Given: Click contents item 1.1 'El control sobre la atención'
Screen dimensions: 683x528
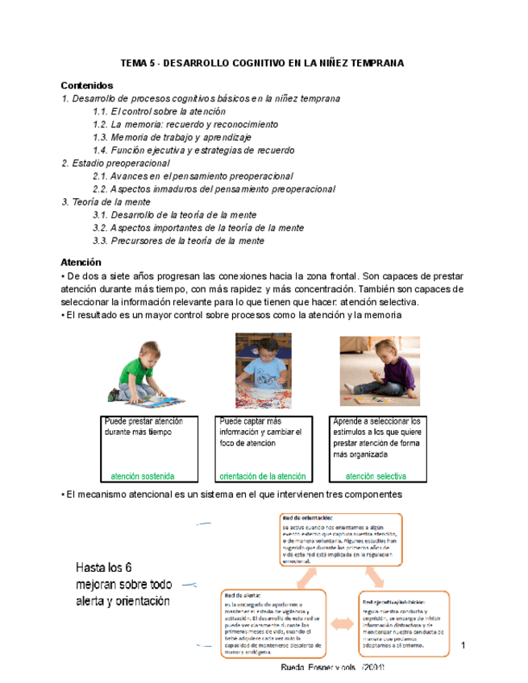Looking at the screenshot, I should pos(159,111).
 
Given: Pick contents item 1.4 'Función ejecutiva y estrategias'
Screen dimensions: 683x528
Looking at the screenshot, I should pos(193,150).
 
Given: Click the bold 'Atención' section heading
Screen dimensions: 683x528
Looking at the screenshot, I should pos(81,263).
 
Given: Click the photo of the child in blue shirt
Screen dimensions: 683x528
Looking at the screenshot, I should pos(263,367).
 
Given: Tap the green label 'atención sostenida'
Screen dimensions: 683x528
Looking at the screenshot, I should pos(143,475).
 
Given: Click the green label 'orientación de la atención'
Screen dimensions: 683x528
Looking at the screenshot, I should pos(263,475).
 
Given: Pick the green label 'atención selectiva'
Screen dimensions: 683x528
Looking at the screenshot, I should pos(376,475).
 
